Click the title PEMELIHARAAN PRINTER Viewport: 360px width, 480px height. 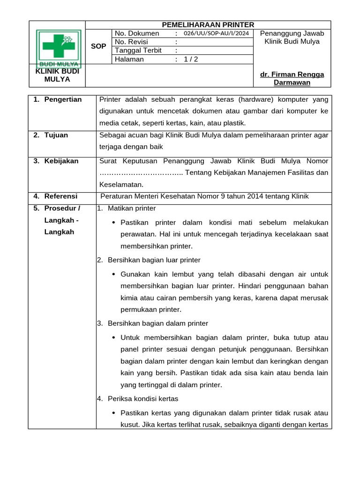[208, 25]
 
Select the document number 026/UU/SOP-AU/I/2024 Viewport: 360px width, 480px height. [216, 34]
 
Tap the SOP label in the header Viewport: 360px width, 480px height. [98, 46]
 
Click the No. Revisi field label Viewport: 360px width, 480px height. [131, 42]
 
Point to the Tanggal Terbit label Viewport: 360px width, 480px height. [138, 51]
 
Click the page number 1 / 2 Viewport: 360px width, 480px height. [191, 59]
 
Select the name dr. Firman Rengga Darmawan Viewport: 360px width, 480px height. [292, 79]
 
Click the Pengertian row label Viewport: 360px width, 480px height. [63, 99]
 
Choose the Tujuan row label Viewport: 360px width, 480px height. [56, 135]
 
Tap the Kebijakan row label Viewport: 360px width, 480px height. [61, 161]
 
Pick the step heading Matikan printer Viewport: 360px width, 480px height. [132, 208]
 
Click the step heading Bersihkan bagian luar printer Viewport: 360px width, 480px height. [154, 260]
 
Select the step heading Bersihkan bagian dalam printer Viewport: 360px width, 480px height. [157, 323]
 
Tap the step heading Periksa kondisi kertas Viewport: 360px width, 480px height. [142, 399]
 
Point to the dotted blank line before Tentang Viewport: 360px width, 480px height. [141, 173]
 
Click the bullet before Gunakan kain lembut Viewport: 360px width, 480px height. [114, 274]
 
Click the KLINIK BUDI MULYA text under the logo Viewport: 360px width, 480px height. [57, 75]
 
